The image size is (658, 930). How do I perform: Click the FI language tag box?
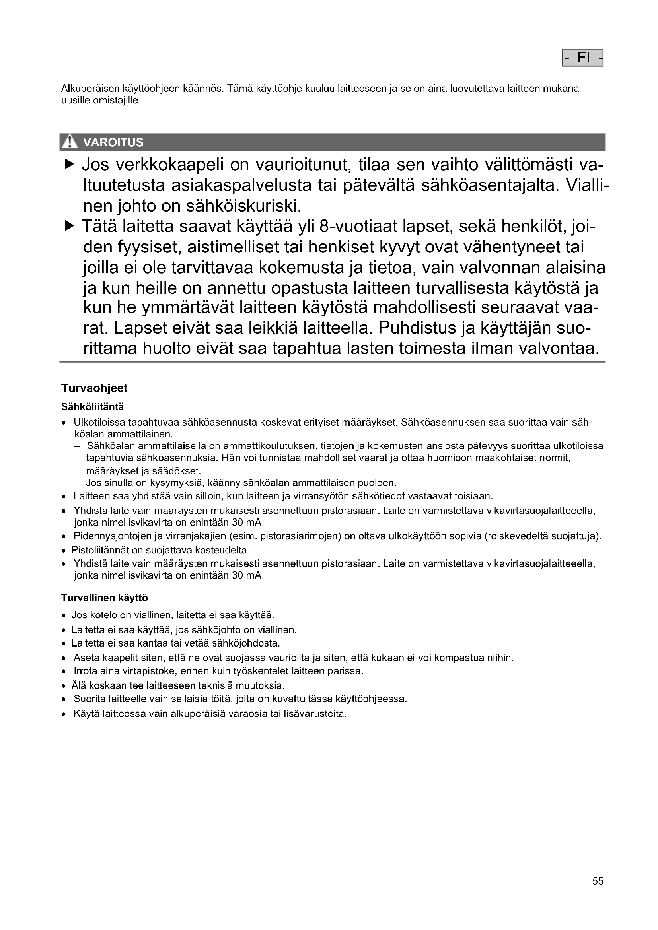click(x=583, y=58)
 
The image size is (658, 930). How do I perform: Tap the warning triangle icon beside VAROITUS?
click(x=70, y=142)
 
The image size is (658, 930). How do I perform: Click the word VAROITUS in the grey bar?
click(x=113, y=142)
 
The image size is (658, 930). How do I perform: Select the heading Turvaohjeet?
click(x=94, y=388)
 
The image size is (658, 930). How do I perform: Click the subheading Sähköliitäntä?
click(x=92, y=406)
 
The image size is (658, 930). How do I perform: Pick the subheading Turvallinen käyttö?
click(x=104, y=598)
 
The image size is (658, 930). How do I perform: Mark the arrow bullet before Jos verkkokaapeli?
click(x=70, y=165)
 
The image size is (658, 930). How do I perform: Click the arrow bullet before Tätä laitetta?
click(x=70, y=225)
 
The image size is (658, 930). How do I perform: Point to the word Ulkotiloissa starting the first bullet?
click(x=99, y=423)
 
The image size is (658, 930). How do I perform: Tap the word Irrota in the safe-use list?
click(x=85, y=671)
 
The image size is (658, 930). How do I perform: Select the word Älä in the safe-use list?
click(x=78, y=686)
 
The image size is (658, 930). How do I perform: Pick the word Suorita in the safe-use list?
click(x=89, y=699)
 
